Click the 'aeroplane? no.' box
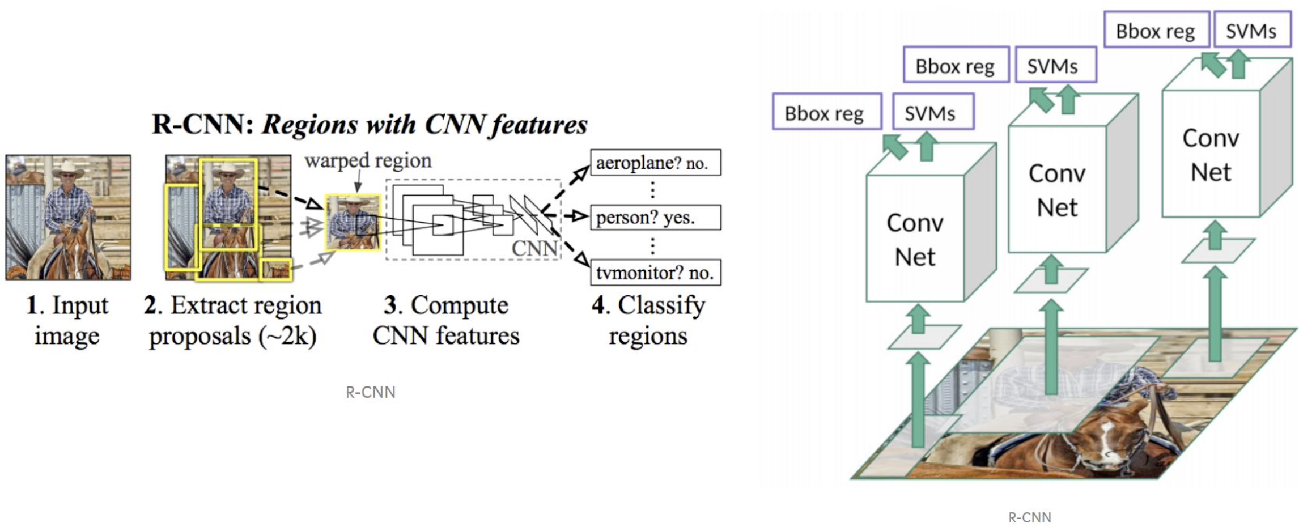click(x=655, y=163)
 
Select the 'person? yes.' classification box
click(x=655, y=218)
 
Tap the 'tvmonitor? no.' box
click(x=655, y=273)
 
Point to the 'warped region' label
click(x=368, y=161)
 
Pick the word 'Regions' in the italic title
click(x=309, y=125)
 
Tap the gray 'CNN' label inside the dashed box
click(x=534, y=248)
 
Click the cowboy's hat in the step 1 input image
click(x=68, y=168)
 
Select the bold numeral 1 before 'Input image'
click(x=33, y=305)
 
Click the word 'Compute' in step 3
click(x=459, y=305)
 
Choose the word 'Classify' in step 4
click(x=661, y=305)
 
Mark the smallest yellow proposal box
click(x=276, y=270)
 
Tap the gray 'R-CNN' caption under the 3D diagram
click(x=1029, y=517)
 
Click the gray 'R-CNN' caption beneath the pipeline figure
click(x=371, y=392)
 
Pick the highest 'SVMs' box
click(x=1251, y=31)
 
